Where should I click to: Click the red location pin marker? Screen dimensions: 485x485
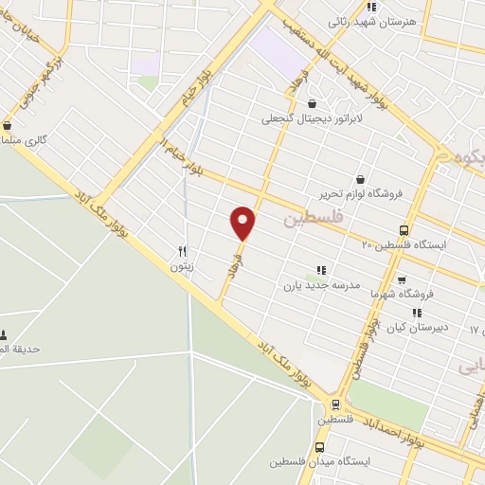point(243,223)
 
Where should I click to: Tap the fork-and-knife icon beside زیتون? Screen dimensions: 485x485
point(182,252)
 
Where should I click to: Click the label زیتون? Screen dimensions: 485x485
point(181,267)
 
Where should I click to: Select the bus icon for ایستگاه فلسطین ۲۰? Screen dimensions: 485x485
point(404,230)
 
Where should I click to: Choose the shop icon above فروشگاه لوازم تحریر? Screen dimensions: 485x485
point(360,178)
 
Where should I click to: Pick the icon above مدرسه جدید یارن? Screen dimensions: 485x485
point(321,270)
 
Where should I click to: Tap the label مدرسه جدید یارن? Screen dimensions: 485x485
point(321,284)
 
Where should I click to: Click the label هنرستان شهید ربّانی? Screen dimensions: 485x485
point(370,21)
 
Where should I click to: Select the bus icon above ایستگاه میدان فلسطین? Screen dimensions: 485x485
point(319,447)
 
